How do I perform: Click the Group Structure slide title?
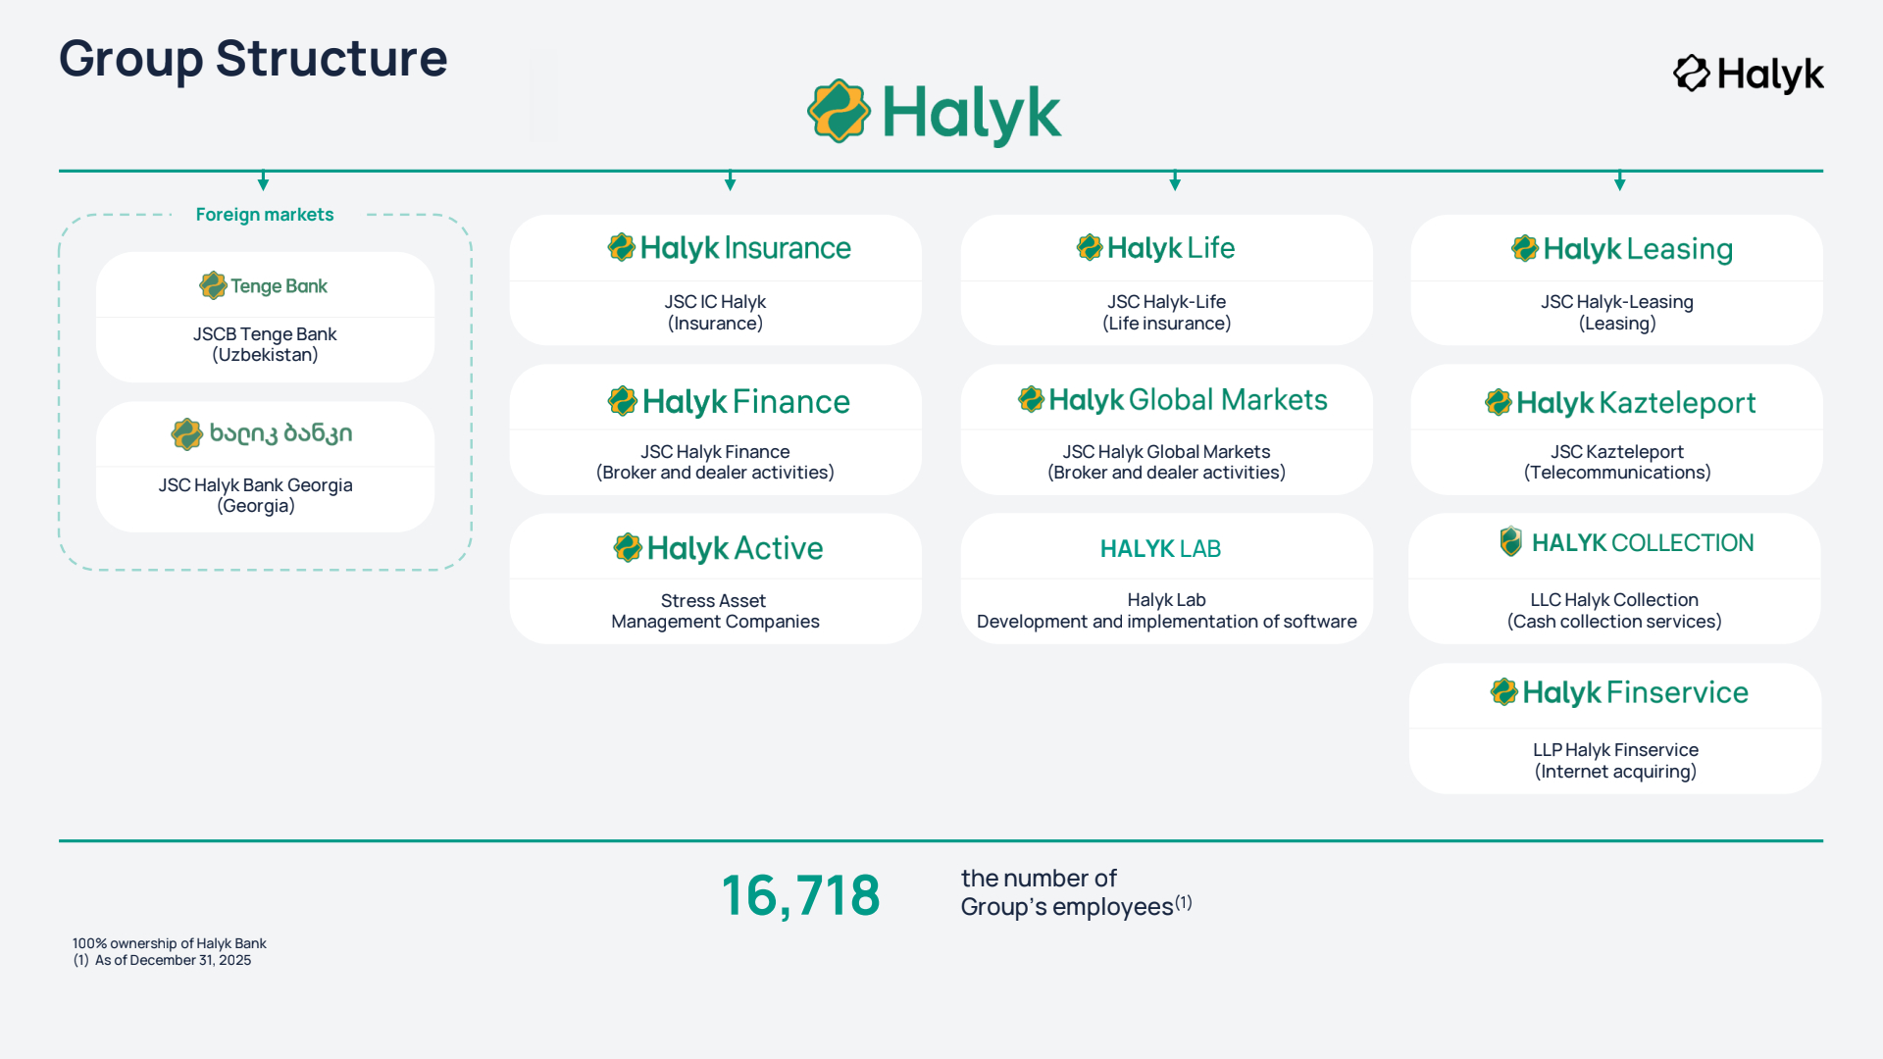pyautogui.click(x=253, y=59)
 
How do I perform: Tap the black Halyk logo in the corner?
pyautogui.click(x=1748, y=75)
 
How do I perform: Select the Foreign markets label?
pyautogui.click(x=265, y=215)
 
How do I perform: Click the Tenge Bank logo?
pyautogui.click(x=264, y=285)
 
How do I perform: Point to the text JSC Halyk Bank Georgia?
pyautogui.click(x=256, y=484)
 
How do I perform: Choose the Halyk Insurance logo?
pyautogui.click(x=729, y=248)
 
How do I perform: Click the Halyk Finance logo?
pyautogui.click(x=729, y=401)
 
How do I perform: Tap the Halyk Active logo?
pyautogui.click(x=718, y=548)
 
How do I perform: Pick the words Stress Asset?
pyautogui.click(x=713, y=600)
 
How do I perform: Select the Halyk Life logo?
pyautogui.click(x=1155, y=248)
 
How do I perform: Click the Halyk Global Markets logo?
pyautogui.click(x=1172, y=399)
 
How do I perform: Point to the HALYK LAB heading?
pyautogui.click(x=1160, y=549)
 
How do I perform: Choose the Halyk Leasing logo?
pyautogui.click(x=1621, y=249)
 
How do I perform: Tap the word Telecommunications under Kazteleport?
pyautogui.click(x=1617, y=473)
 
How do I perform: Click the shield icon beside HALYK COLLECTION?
pyautogui.click(x=1511, y=541)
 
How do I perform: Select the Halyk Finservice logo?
pyautogui.click(x=1619, y=692)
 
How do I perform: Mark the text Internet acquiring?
pyautogui.click(x=1615, y=772)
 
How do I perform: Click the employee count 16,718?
pyautogui.click(x=801, y=896)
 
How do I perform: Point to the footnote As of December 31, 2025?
pyautogui.click(x=173, y=960)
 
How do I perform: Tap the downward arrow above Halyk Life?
pyautogui.click(x=1175, y=180)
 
